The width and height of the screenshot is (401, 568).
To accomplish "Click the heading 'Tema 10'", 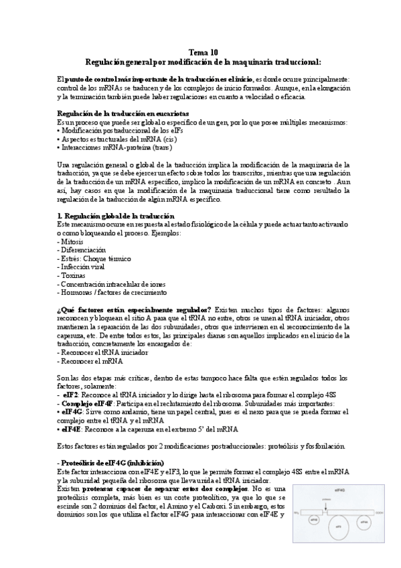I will click(199, 52).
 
